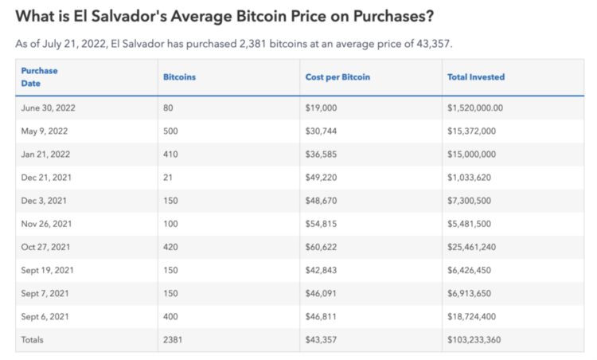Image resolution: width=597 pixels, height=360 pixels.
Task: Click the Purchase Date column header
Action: click(x=39, y=76)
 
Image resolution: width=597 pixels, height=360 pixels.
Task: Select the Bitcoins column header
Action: click(x=179, y=77)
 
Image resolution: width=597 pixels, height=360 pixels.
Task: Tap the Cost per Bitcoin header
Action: click(x=338, y=77)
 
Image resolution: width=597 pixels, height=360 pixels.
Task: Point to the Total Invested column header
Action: click(x=476, y=77)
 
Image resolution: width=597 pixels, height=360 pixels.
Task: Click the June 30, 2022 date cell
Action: click(x=48, y=108)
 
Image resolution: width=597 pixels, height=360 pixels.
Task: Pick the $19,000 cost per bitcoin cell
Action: click(x=321, y=108)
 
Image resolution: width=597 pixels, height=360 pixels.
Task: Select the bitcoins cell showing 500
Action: click(x=171, y=131)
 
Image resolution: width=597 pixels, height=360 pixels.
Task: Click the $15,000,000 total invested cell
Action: click(x=473, y=155)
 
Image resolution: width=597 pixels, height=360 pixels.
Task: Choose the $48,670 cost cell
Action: click(x=321, y=201)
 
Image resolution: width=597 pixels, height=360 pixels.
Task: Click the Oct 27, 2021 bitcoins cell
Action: click(x=171, y=247)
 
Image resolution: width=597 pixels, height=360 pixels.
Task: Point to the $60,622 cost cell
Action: click(x=321, y=247)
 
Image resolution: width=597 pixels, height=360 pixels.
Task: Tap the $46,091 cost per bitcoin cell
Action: click(x=321, y=293)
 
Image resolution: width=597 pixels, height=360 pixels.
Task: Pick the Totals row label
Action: click(x=33, y=340)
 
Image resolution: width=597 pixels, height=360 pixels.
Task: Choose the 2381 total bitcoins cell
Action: click(x=173, y=340)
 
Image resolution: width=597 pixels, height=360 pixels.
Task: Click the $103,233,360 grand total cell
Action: click(x=475, y=340)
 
